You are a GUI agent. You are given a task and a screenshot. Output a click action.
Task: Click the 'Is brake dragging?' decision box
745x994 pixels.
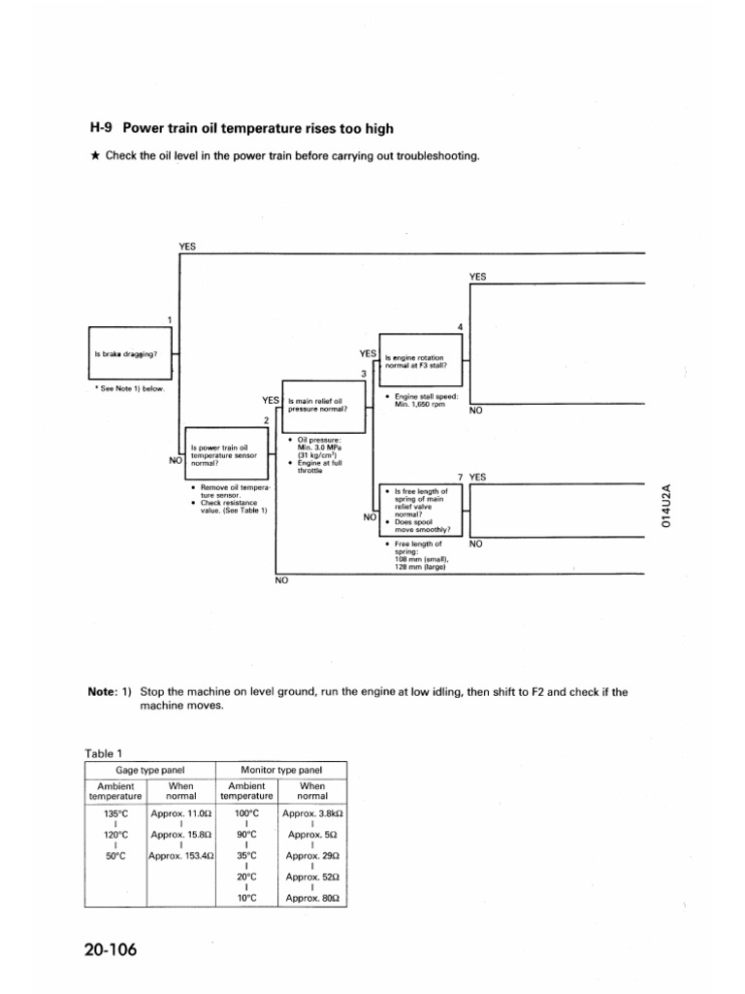coord(129,354)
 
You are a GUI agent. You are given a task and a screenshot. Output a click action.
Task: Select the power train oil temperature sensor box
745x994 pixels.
coord(224,452)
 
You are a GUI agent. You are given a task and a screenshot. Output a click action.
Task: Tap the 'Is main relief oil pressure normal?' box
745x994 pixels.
coord(318,406)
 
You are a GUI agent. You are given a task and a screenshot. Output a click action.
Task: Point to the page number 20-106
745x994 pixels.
coord(111,949)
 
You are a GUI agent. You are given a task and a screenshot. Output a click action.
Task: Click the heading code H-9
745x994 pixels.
coord(103,128)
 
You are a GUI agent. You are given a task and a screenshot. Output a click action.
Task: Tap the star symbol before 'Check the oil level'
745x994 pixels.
coord(95,157)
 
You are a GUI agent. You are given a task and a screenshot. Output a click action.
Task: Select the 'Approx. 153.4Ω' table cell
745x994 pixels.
coord(180,856)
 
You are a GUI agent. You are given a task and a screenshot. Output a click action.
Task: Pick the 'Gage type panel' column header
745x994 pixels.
coord(150,770)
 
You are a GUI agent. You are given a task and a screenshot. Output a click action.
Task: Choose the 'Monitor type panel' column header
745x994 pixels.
coord(281,770)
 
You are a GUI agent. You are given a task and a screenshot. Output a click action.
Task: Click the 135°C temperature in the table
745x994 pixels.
coord(115,813)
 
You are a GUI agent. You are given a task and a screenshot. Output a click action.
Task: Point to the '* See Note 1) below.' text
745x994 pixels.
coord(130,388)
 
